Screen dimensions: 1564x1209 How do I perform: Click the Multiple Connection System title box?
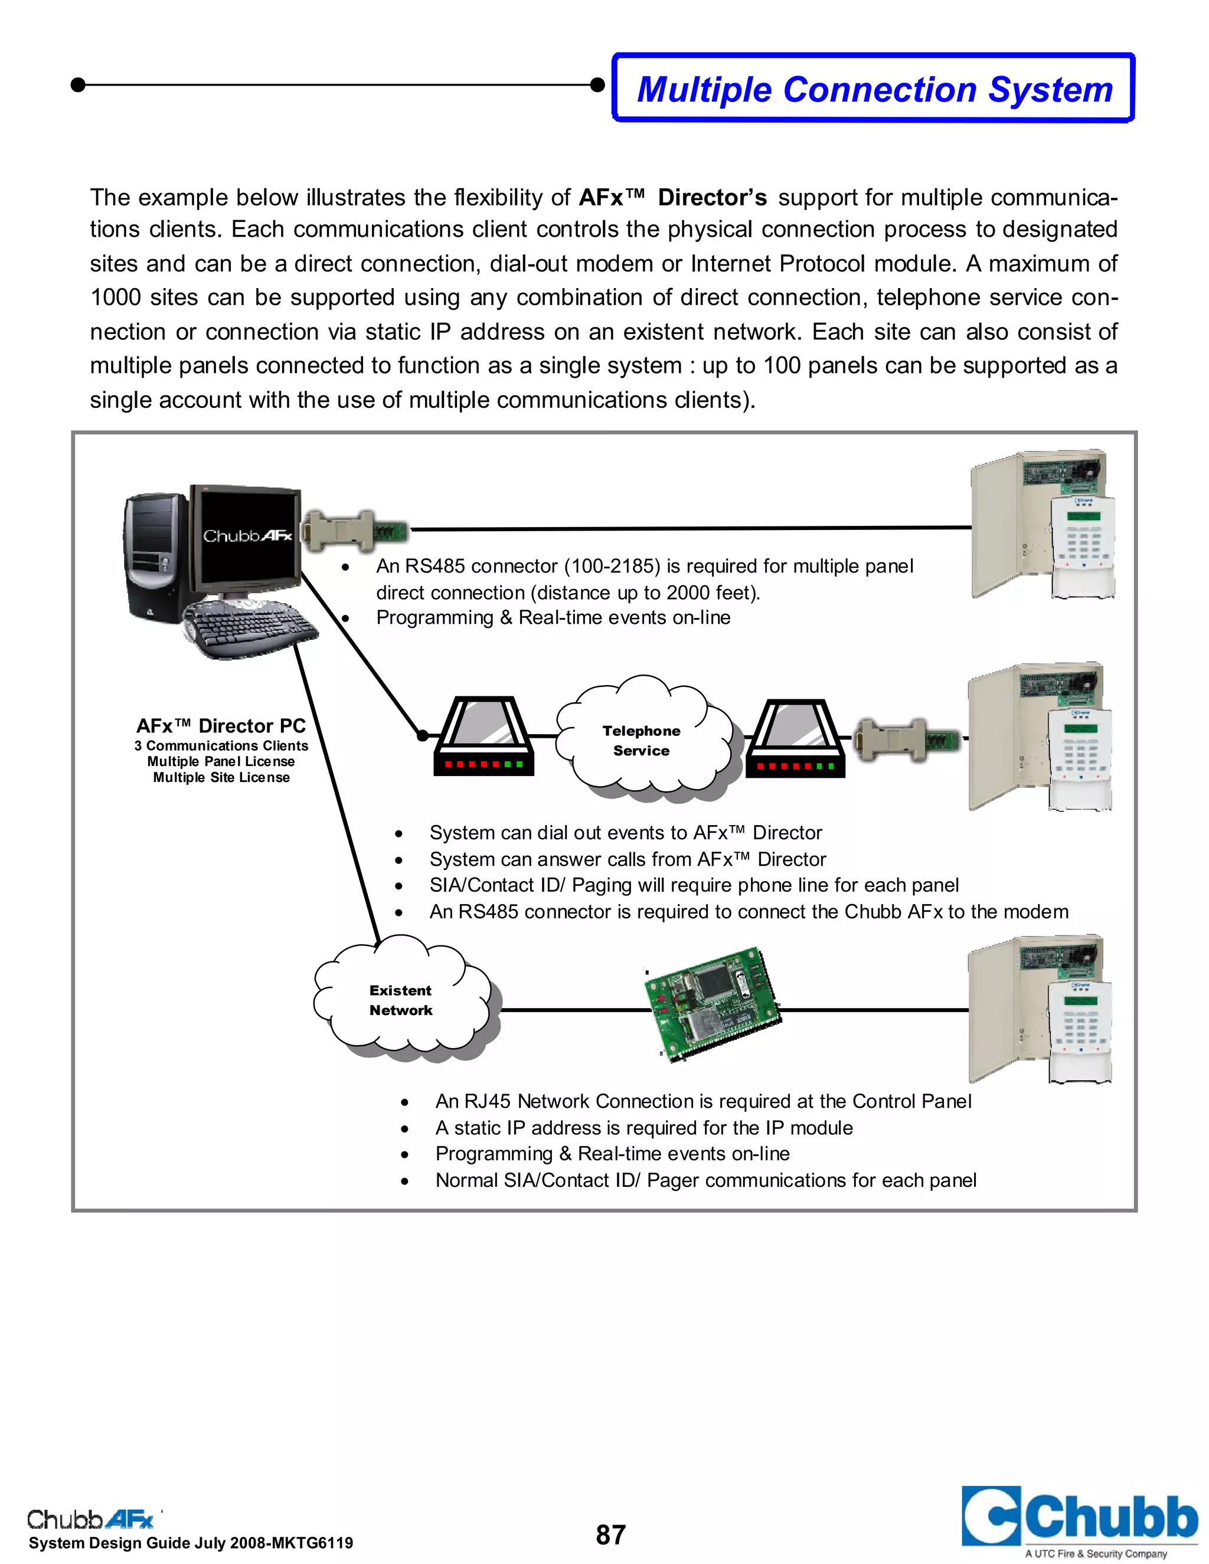pyautogui.click(x=874, y=88)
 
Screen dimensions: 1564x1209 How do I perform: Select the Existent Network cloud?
pyautogui.click(x=401, y=1000)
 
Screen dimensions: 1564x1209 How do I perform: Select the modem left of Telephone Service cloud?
pyautogui.click(x=484, y=738)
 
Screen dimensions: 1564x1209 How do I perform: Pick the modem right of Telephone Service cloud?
pyautogui.click(x=795, y=738)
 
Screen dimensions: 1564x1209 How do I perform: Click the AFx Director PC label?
pyautogui.click(x=221, y=726)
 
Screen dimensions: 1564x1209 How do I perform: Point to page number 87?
pyautogui.click(x=610, y=1534)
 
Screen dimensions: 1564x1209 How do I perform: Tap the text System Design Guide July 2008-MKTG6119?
pyautogui.click(x=191, y=1543)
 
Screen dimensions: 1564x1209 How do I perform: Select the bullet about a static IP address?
pyautogui.click(x=643, y=1128)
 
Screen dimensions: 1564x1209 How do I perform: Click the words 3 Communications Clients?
pyautogui.click(x=221, y=745)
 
